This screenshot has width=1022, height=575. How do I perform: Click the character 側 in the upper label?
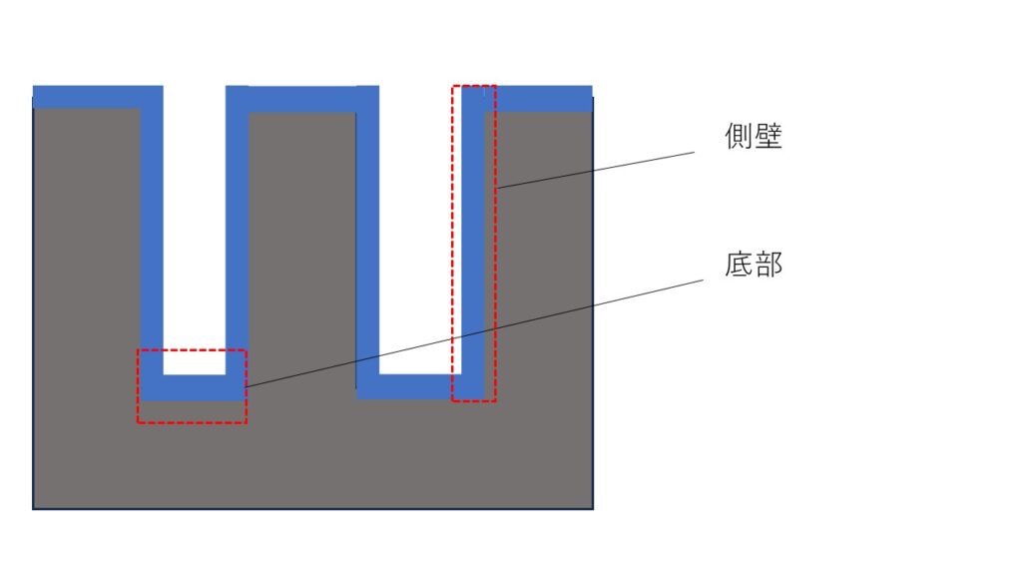[x=739, y=136]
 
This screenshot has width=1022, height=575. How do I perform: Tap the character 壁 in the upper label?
[x=767, y=136]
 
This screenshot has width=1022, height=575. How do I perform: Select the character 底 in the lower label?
[x=739, y=265]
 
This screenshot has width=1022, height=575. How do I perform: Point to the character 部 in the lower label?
[x=767, y=265]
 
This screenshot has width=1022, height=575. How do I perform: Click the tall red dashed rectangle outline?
[x=496, y=244]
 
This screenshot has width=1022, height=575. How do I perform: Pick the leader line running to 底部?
[x=474, y=333]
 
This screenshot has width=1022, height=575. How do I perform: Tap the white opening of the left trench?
[x=195, y=230]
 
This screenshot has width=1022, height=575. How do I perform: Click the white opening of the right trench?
[x=420, y=230]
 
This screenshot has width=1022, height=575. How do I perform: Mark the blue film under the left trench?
[x=195, y=387]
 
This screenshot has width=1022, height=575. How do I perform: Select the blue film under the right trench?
[x=420, y=386]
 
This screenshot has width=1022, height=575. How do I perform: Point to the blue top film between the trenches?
[x=302, y=99]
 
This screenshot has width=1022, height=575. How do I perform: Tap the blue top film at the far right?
[x=538, y=99]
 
